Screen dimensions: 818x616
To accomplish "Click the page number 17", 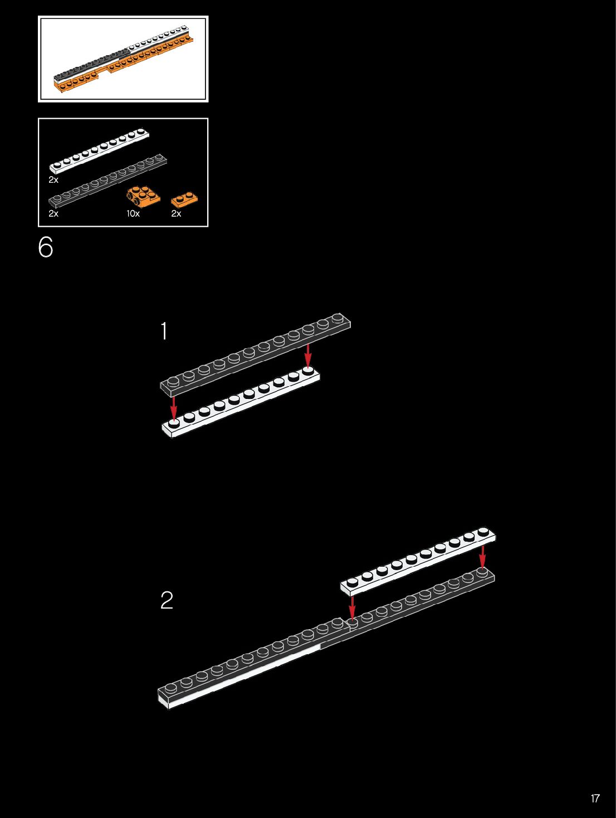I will coord(595,798).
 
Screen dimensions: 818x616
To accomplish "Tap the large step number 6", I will coord(46,247).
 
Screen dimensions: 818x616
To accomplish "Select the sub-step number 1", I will coord(164,331).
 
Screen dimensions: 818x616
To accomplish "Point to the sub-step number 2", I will coord(167,600).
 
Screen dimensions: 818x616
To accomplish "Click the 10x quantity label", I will coord(133,213).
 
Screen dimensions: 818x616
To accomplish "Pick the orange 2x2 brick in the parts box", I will coord(143,196).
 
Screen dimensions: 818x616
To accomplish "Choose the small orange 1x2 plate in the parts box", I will coord(184,199).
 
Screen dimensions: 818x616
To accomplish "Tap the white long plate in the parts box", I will coord(99,150).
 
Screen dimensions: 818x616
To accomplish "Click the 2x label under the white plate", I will coord(53,180).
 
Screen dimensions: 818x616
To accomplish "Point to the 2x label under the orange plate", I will coord(176,213).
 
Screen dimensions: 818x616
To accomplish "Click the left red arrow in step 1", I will coord(174,407).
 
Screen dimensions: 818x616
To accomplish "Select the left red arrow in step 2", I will coord(352,607).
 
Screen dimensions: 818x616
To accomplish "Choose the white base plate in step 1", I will coord(241,404).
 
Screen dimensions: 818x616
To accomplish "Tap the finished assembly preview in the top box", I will coord(123,59).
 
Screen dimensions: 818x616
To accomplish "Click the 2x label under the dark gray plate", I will coord(53,213).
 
